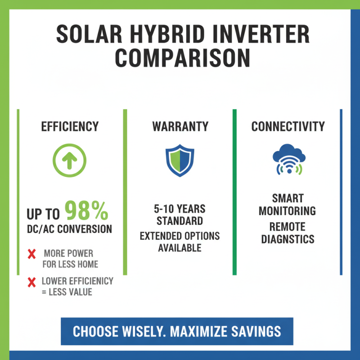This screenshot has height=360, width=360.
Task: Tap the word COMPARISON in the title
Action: tap(180, 58)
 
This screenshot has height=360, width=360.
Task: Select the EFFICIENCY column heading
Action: tap(70, 127)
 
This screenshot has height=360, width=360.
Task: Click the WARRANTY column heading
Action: tap(180, 127)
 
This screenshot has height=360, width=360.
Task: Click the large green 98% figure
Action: tap(86, 211)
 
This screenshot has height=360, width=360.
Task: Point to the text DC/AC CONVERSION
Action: tap(70, 229)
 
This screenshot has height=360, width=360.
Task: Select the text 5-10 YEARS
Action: tap(180, 209)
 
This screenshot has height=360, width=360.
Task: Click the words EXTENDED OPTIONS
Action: tap(180, 236)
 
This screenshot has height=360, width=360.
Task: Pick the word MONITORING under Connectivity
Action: tap(288, 210)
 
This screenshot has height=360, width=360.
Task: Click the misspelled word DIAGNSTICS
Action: tap(288, 238)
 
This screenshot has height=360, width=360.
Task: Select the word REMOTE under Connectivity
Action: tap(288, 226)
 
